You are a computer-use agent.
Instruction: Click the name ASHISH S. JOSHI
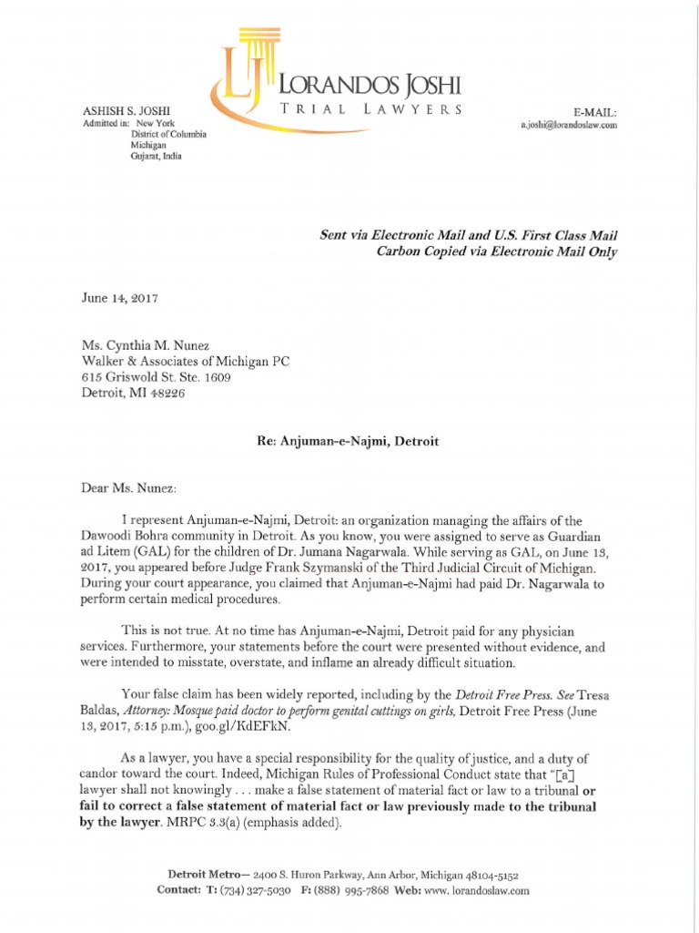pyautogui.click(x=122, y=111)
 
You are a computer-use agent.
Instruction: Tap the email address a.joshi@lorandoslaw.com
pyautogui.click(x=569, y=126)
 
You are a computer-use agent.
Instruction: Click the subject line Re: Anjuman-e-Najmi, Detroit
pyautogui.click(x=349, y=441)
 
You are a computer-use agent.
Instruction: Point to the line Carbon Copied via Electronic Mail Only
pyautogui.click(x=496, y=252)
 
